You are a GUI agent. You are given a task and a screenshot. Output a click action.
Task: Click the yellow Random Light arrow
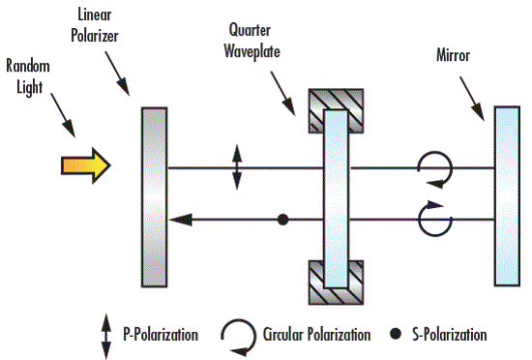pos(86,165)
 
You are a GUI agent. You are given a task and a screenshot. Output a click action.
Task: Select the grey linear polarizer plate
pos(155,197)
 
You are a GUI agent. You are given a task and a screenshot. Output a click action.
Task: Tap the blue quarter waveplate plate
pos(336,198)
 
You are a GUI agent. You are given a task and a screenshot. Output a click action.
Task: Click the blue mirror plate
pos(507,196)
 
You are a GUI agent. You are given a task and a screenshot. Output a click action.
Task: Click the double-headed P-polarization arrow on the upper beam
pos(237,167)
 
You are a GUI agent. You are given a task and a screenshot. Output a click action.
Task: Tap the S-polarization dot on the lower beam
pos(283,220)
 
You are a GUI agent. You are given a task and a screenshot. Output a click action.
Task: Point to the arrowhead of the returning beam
pos(181,220)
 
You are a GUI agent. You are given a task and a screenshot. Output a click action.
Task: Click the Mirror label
pos(453,55)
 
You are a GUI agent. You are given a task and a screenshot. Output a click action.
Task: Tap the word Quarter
pos(250,30)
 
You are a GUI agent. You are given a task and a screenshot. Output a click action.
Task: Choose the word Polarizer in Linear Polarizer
pos(95,37)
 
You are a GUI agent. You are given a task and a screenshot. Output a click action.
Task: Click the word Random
pos(28,66)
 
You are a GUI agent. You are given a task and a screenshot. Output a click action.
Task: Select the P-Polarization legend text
pos(161,335)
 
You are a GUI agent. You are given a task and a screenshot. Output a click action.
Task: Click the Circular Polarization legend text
pos(316,335)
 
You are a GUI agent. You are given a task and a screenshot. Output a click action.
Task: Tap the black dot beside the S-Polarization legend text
pos(396,334)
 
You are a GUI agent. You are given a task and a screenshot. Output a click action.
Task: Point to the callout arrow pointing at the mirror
pos(472,99)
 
